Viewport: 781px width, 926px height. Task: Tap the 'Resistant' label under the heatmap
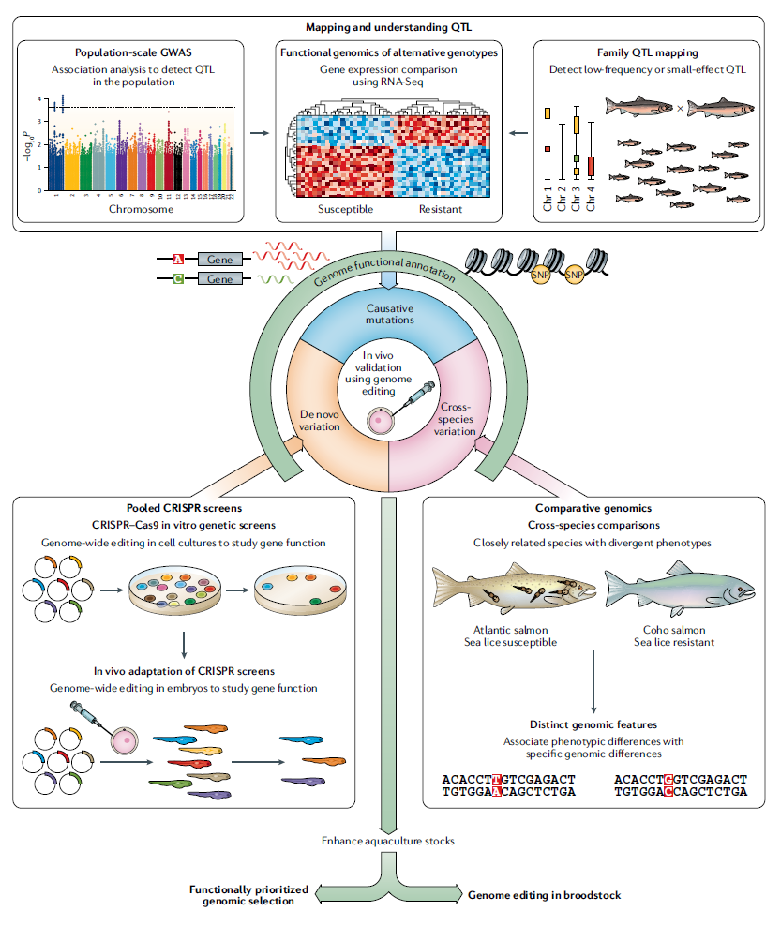click(440, 209)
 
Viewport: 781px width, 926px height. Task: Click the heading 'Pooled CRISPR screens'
click(183, 509)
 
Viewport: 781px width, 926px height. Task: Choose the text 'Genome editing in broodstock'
click(544, 895)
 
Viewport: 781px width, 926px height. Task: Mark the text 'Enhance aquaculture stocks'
click(390, 841)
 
